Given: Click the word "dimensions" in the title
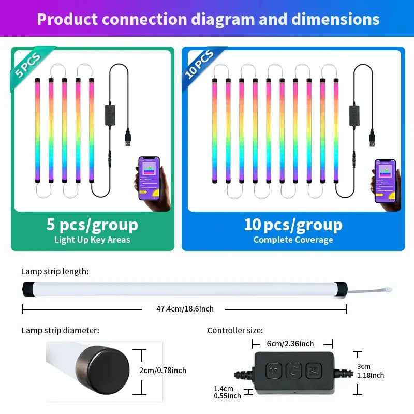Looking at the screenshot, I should [x=335, y=19].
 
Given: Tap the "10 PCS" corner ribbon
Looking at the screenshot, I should [x=200, y=65].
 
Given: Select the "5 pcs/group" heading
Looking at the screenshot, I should [x=92, y=225].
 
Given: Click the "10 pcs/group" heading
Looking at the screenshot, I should [x=293, y=225].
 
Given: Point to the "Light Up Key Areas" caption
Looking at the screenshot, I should [x=92, y=240].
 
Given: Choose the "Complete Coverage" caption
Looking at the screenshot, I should [x=293, y=240].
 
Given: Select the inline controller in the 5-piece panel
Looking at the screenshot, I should [x=110, y=115].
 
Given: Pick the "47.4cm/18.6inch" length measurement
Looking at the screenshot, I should [x=185, y=309].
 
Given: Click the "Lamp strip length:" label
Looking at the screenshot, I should [x=55, y=271].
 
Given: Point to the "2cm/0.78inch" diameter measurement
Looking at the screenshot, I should [x=163, y=370].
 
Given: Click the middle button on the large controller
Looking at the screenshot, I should [x=293, y=371].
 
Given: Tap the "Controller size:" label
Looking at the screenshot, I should [x=235, y=330].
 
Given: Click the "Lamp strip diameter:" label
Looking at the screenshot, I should [x=61, y=330].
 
